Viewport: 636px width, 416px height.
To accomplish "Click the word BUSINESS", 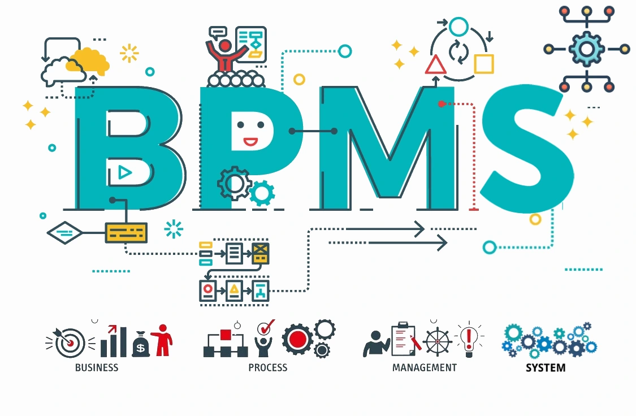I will coord(97,367).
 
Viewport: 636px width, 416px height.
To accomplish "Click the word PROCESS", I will coord(268,367).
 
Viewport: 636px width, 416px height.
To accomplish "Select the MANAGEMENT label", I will coord(425,367).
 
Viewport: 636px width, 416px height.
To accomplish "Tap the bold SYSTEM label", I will coord(546,368).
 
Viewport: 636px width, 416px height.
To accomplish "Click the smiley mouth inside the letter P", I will coord(250,141).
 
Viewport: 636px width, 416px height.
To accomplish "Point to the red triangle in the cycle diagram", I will coord(436,65).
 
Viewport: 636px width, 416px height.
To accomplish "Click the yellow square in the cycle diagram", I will coord(484,64).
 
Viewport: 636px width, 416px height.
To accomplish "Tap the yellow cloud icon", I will coord(89,60).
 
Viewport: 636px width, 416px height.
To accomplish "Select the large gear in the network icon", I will coord(586,49).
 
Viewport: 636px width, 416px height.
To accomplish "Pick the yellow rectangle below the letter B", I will coord(126,232).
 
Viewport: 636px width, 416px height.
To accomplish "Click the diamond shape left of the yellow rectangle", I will coord(65,232).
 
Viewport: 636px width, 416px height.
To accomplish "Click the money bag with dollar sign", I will coord(141,344).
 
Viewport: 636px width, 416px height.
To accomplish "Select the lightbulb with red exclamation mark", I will coord(469,339).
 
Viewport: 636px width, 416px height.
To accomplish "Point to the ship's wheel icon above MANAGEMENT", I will coord(437,341).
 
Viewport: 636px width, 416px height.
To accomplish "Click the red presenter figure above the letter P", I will coord(226,54).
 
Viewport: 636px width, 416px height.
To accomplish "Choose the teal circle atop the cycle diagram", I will coord(459,27).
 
